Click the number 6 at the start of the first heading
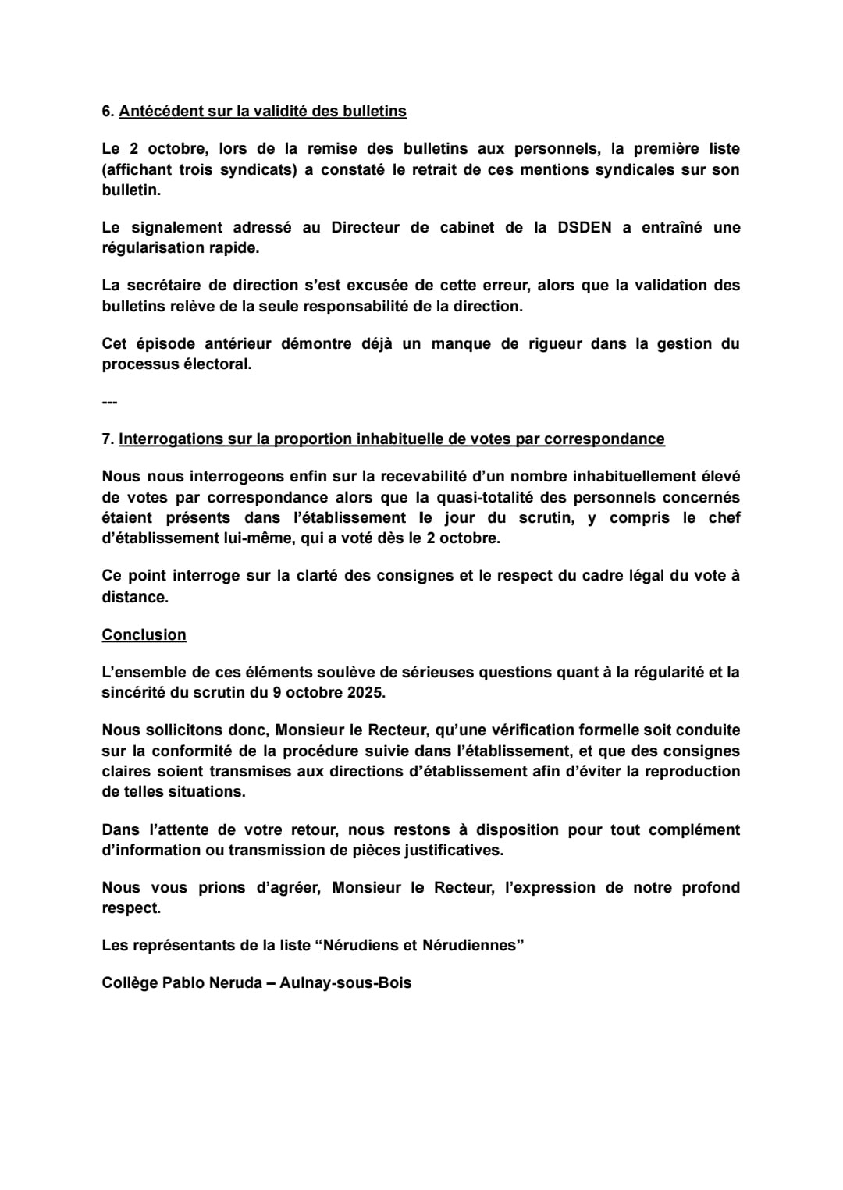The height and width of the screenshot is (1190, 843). point(106,112)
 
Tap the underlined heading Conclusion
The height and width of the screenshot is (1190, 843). point(144,635)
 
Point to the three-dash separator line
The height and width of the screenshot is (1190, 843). point(109,403)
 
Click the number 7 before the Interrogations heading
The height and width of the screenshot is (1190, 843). point(106,439)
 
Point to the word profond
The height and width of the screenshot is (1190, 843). point(710,888)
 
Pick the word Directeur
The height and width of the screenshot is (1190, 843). point(365,228)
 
